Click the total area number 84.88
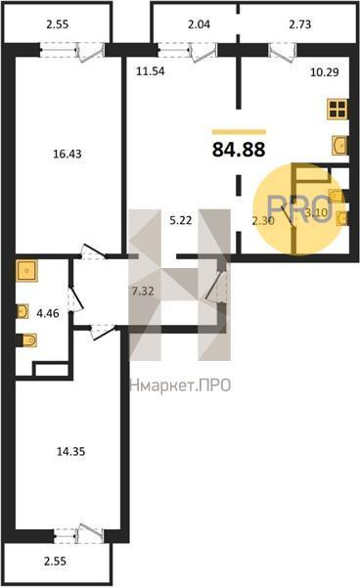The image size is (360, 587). pyautogui.click(x=239, y=150)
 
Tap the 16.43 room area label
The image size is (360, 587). pyautogui.click(x=67, y=154)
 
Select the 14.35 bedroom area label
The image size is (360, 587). pyautogui.click(x=70, y=451)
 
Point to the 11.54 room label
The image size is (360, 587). pyautogui.click(x=150, y=70)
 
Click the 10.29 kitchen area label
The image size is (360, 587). pyautogui.click(x=325, y=71)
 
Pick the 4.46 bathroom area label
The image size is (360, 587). pyautogui.click(x=48, y=313)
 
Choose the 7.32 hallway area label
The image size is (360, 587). pyautogui.click(x=143, y=291)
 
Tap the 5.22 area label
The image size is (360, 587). pyautogui.click(x=181, y=220)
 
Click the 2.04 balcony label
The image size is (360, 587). pyautogui.click(x=199, y=24)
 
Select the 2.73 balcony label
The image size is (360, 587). pyautogui.click(x=300, y=24)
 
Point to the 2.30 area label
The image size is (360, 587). pyautogui.click(x=263, y=221)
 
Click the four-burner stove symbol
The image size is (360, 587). pyautogui.click(x=337, y=110)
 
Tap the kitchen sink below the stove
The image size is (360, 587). pyautogui.click(x=339, y=145)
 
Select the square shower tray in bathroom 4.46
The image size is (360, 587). pyautogui.click(x=26, y=271)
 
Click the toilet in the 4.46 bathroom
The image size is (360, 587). pyautogui.click(x=28, y=339)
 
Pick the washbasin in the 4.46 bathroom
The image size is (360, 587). pyautogui.click(x=22, y=311)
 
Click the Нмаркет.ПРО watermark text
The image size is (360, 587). pyautogui.click(x=180, y=385)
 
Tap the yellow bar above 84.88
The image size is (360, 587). pyautogui.click(x=239, y=132)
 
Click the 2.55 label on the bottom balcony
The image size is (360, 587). pyautogui.click(x=55, y=561)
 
